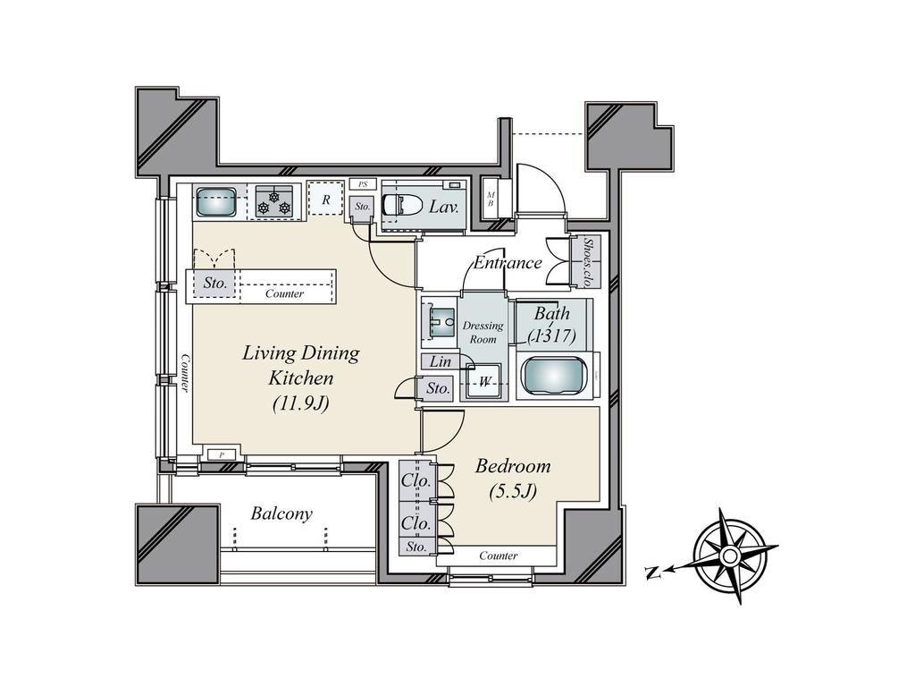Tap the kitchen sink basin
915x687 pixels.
216,202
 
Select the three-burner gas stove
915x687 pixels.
274,201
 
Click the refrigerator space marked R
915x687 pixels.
325,199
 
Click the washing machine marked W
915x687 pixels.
483,382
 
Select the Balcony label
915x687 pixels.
281,513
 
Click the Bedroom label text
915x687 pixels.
513,465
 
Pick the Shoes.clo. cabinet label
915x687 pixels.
589,262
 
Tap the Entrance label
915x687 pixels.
508,263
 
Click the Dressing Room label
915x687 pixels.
483,332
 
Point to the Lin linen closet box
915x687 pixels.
440,361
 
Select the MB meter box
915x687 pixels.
491,199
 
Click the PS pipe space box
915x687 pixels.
363,184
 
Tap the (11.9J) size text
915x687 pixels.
300,403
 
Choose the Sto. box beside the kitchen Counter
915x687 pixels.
214,284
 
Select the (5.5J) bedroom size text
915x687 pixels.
512,492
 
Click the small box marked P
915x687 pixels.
222,454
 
